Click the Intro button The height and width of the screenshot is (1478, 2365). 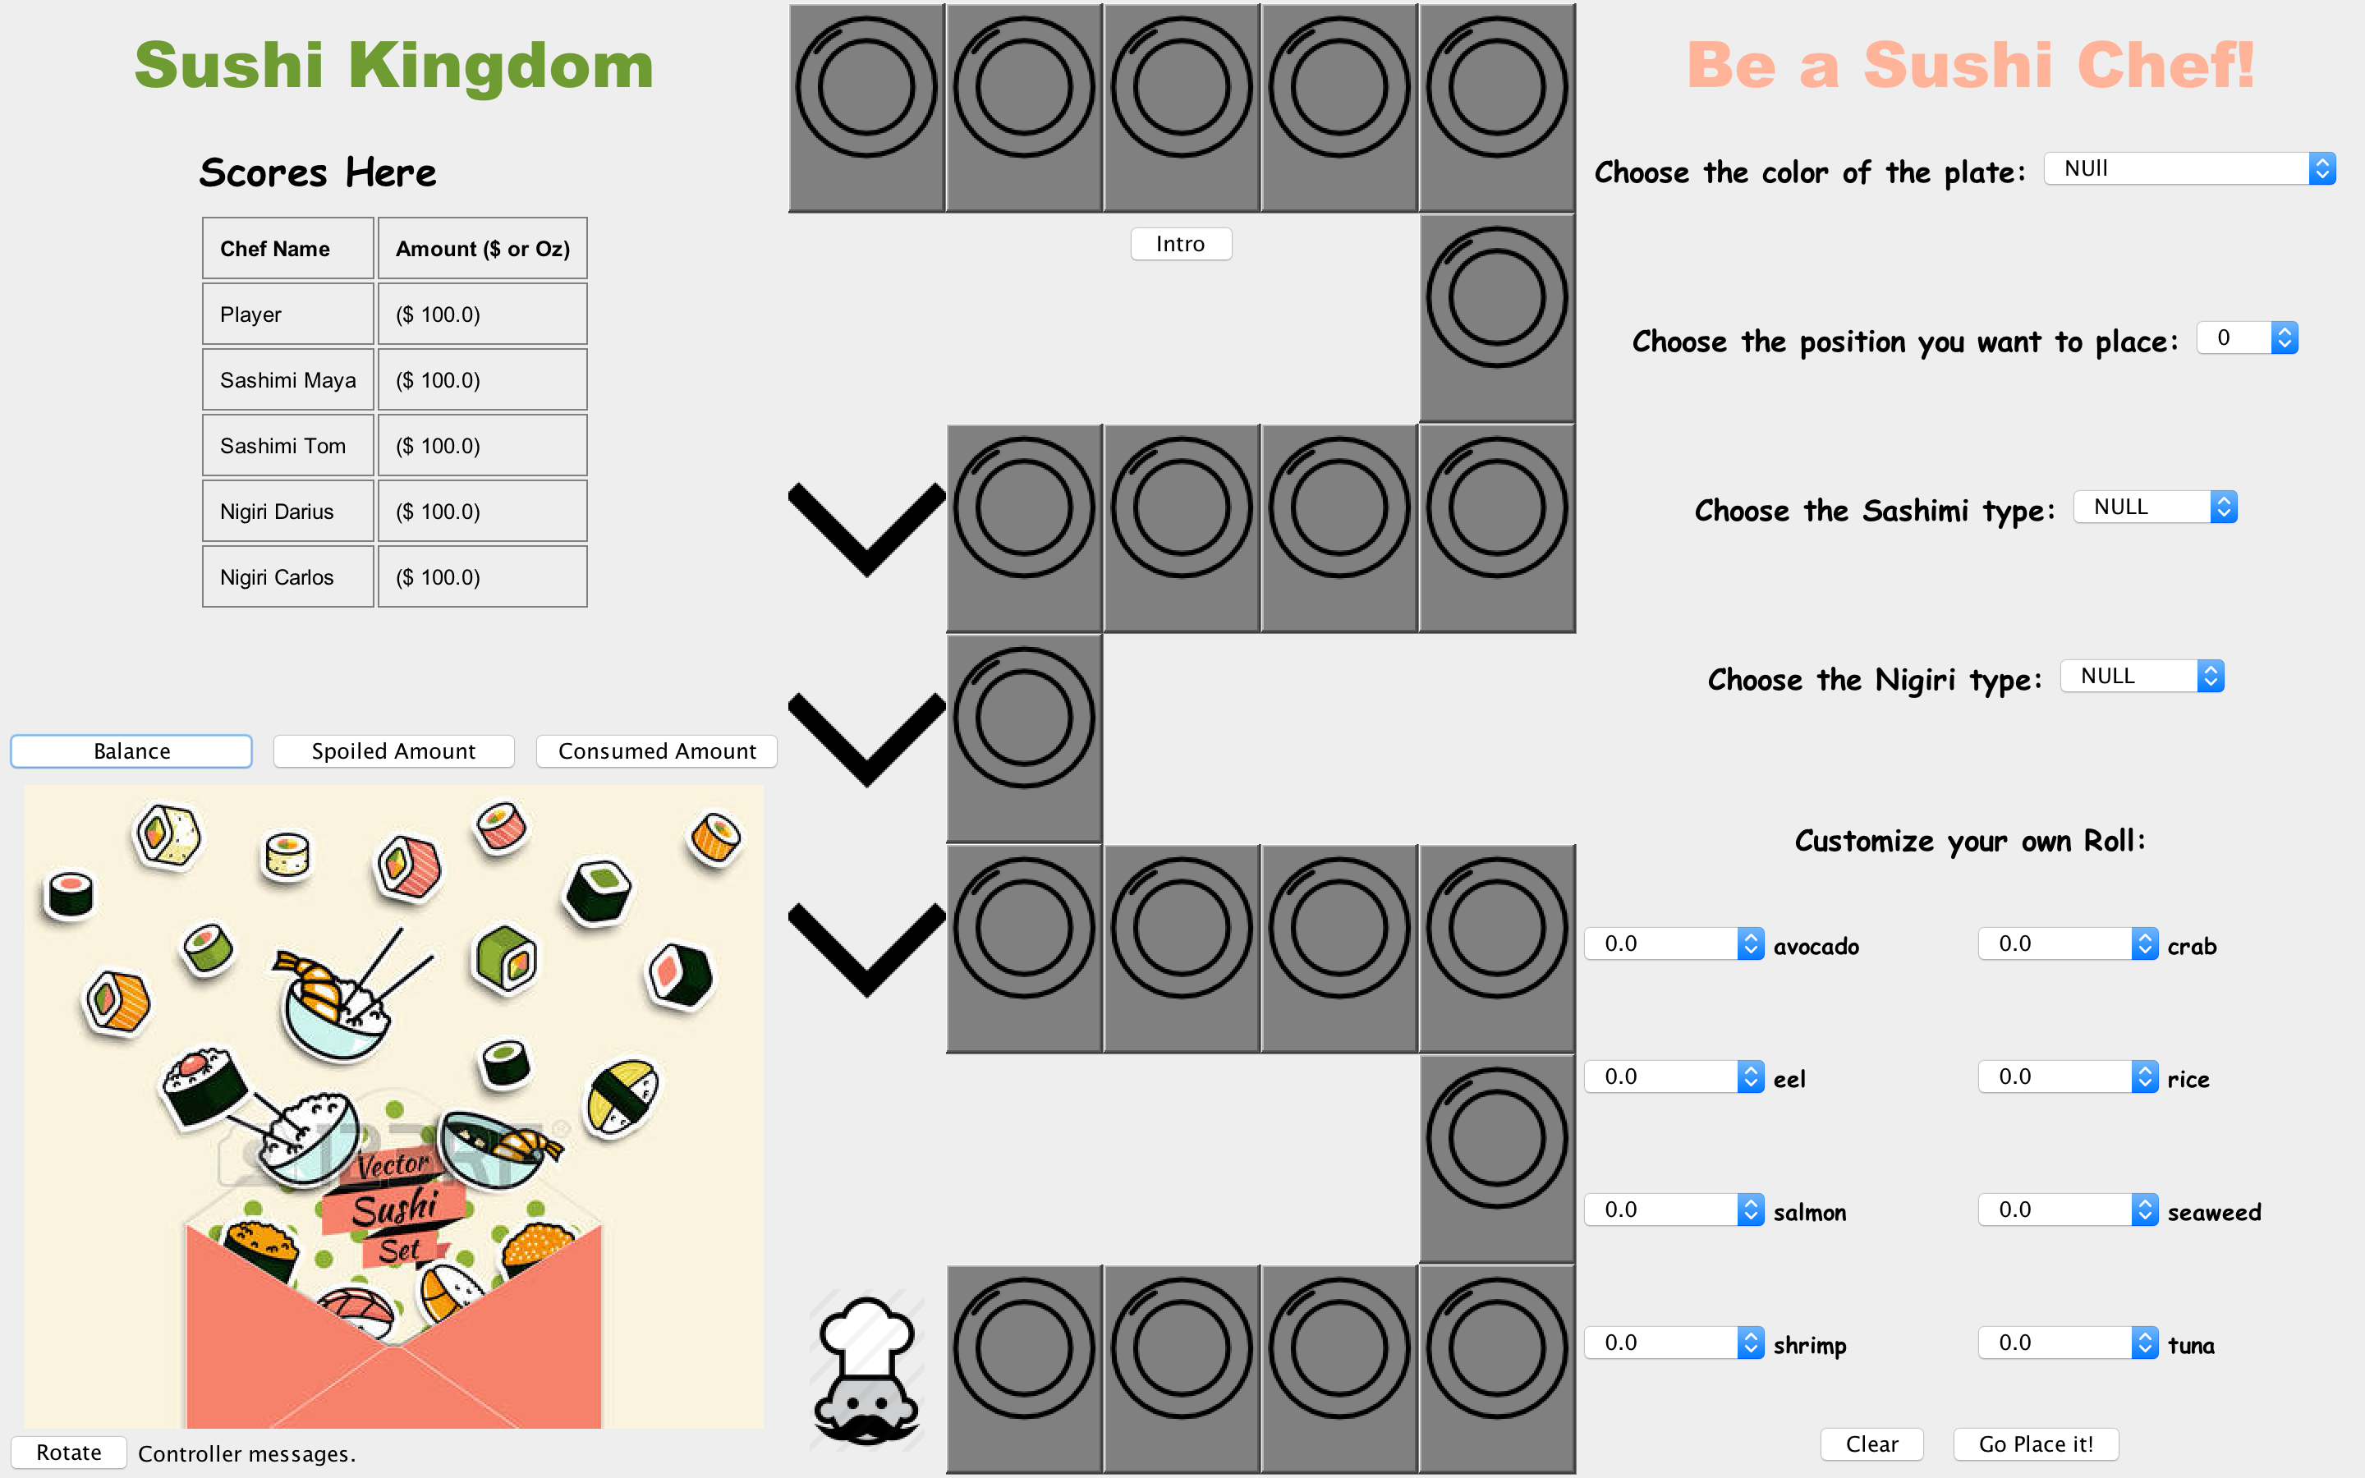[1181, 243]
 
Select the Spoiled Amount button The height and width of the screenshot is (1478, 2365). [393, 750]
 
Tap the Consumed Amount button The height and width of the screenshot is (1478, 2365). [657, 750]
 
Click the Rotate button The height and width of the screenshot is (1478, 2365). [68, 1452]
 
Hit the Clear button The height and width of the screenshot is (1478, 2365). [1871, 1444]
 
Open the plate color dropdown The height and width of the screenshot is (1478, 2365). [2189, 168]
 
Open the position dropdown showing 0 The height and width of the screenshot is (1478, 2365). [2246, 337]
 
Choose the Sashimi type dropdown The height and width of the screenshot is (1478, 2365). [2155, 507]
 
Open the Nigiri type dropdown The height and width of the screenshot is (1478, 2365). [2141, 676]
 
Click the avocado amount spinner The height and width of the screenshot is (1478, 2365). [1673, 943]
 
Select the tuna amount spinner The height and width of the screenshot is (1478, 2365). [2067, 1343]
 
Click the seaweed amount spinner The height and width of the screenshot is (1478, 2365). [2067, 1209]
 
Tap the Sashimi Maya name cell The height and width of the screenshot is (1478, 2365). [288, 379]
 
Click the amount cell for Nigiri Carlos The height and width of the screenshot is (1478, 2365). [483, 576]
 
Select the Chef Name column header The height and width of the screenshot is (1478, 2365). [288, 248]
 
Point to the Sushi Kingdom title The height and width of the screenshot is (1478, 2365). [394, 66]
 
